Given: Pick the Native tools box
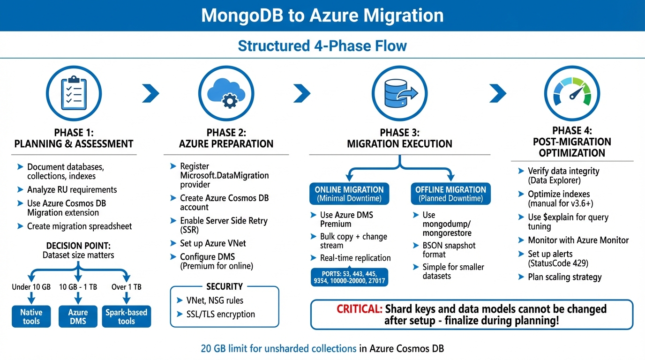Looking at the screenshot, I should (31, 316).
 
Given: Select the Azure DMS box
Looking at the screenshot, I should (78, 316).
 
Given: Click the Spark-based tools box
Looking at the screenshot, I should (126, 316).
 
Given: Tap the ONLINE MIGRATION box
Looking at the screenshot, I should (349, 194).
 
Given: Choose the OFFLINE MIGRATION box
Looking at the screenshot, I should (450, 194).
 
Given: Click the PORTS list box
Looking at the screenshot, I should (349, 277).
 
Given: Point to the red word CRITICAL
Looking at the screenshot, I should (359, 309).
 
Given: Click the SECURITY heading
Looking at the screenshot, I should (225, 286).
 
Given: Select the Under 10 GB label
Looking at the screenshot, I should (31, 287).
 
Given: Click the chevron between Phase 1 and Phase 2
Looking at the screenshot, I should (150, 93).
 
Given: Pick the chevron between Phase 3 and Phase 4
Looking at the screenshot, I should (497, 93).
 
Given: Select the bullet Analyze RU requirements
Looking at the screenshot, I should (72, 190).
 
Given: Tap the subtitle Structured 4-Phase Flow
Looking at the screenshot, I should (322, 46).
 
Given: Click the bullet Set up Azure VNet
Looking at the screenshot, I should (213, 243).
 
